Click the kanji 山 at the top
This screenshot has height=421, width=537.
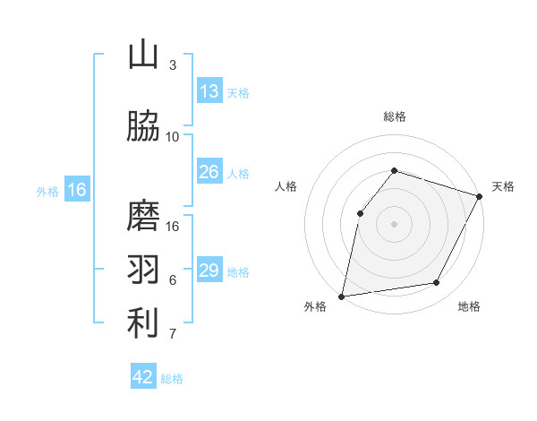tap(143, 55)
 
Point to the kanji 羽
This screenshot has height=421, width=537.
tap(143, 270)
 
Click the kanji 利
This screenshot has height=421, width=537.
tap(143, 323)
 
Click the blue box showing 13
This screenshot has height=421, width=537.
tap(209, 91)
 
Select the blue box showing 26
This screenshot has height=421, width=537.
tap(209, 172)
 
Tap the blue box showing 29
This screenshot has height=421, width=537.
tap(209, 271)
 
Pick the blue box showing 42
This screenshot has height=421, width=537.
tap(143, 377)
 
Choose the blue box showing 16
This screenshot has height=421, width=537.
tap(76, 190)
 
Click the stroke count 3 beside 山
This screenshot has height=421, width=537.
tap(173, 65)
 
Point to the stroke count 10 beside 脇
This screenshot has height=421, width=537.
tap(173, 137)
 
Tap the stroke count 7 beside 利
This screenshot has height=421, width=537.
tap(173, 334)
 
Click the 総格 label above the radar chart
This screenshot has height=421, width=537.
tap(394, 116)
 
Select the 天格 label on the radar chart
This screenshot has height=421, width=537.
tap(504, 186)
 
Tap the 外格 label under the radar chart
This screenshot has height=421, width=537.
tap(315, 307)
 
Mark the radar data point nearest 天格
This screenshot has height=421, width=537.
tap(479, 196)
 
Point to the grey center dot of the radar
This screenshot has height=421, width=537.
tap(394, 223)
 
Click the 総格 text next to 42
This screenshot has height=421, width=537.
tap(172, 379)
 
